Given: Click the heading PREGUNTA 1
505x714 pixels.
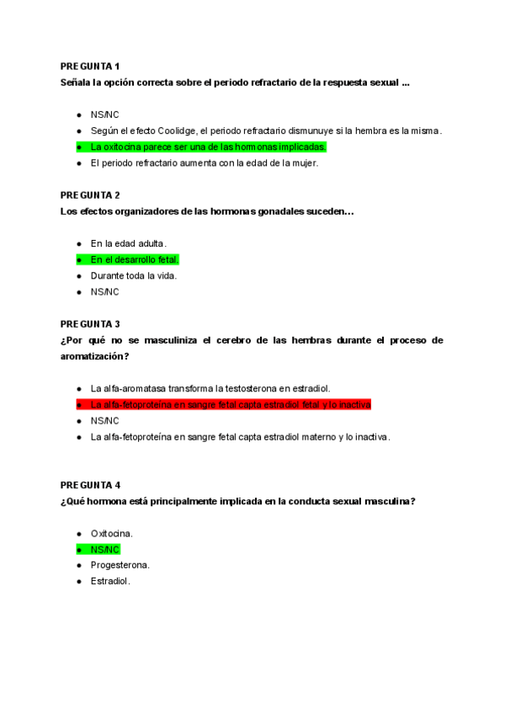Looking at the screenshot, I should pos(90,66).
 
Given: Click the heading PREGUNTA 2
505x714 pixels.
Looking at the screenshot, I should pos(90,194).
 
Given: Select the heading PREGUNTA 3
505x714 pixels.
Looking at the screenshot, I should pos(90,323).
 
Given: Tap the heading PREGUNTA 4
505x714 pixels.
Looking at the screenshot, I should pos(90,485).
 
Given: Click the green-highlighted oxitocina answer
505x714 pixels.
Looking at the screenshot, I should pos(208,147).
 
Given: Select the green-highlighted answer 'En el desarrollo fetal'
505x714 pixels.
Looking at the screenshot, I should pos(135,259).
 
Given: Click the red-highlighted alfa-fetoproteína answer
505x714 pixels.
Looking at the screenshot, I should pos(231,404).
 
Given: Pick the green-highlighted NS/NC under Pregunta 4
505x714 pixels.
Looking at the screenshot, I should pos(105,549).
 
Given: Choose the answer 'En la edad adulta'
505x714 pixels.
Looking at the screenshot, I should pos(128,243).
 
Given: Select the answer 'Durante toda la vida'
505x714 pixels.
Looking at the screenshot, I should pos(134,275).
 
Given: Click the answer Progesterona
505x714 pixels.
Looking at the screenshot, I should pos(120,565).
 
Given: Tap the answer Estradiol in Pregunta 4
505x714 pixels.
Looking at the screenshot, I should pos(111,581).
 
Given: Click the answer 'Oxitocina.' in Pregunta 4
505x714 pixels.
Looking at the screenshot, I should pos(112,533).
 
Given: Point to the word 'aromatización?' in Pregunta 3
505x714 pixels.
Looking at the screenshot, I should pos(94,356).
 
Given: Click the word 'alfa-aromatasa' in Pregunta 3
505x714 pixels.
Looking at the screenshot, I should pos(135,388).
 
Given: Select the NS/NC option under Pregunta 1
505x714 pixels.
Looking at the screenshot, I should pos(105,115).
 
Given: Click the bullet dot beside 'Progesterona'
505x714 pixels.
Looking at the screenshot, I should pos(79,565).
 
